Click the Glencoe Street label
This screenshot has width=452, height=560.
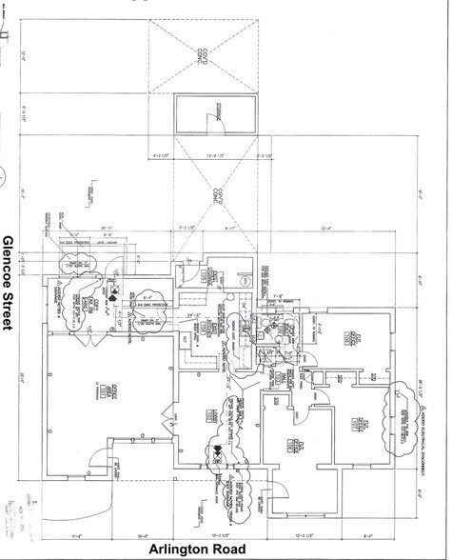click(10, 283)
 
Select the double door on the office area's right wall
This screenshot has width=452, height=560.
click(169, 415)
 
